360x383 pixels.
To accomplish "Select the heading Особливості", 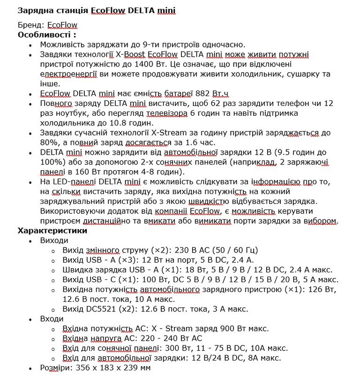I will point(45,35).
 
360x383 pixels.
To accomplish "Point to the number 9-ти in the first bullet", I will point(152,45).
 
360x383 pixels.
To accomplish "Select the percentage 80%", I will point(49,143).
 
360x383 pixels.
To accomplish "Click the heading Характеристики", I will point(52,231).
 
